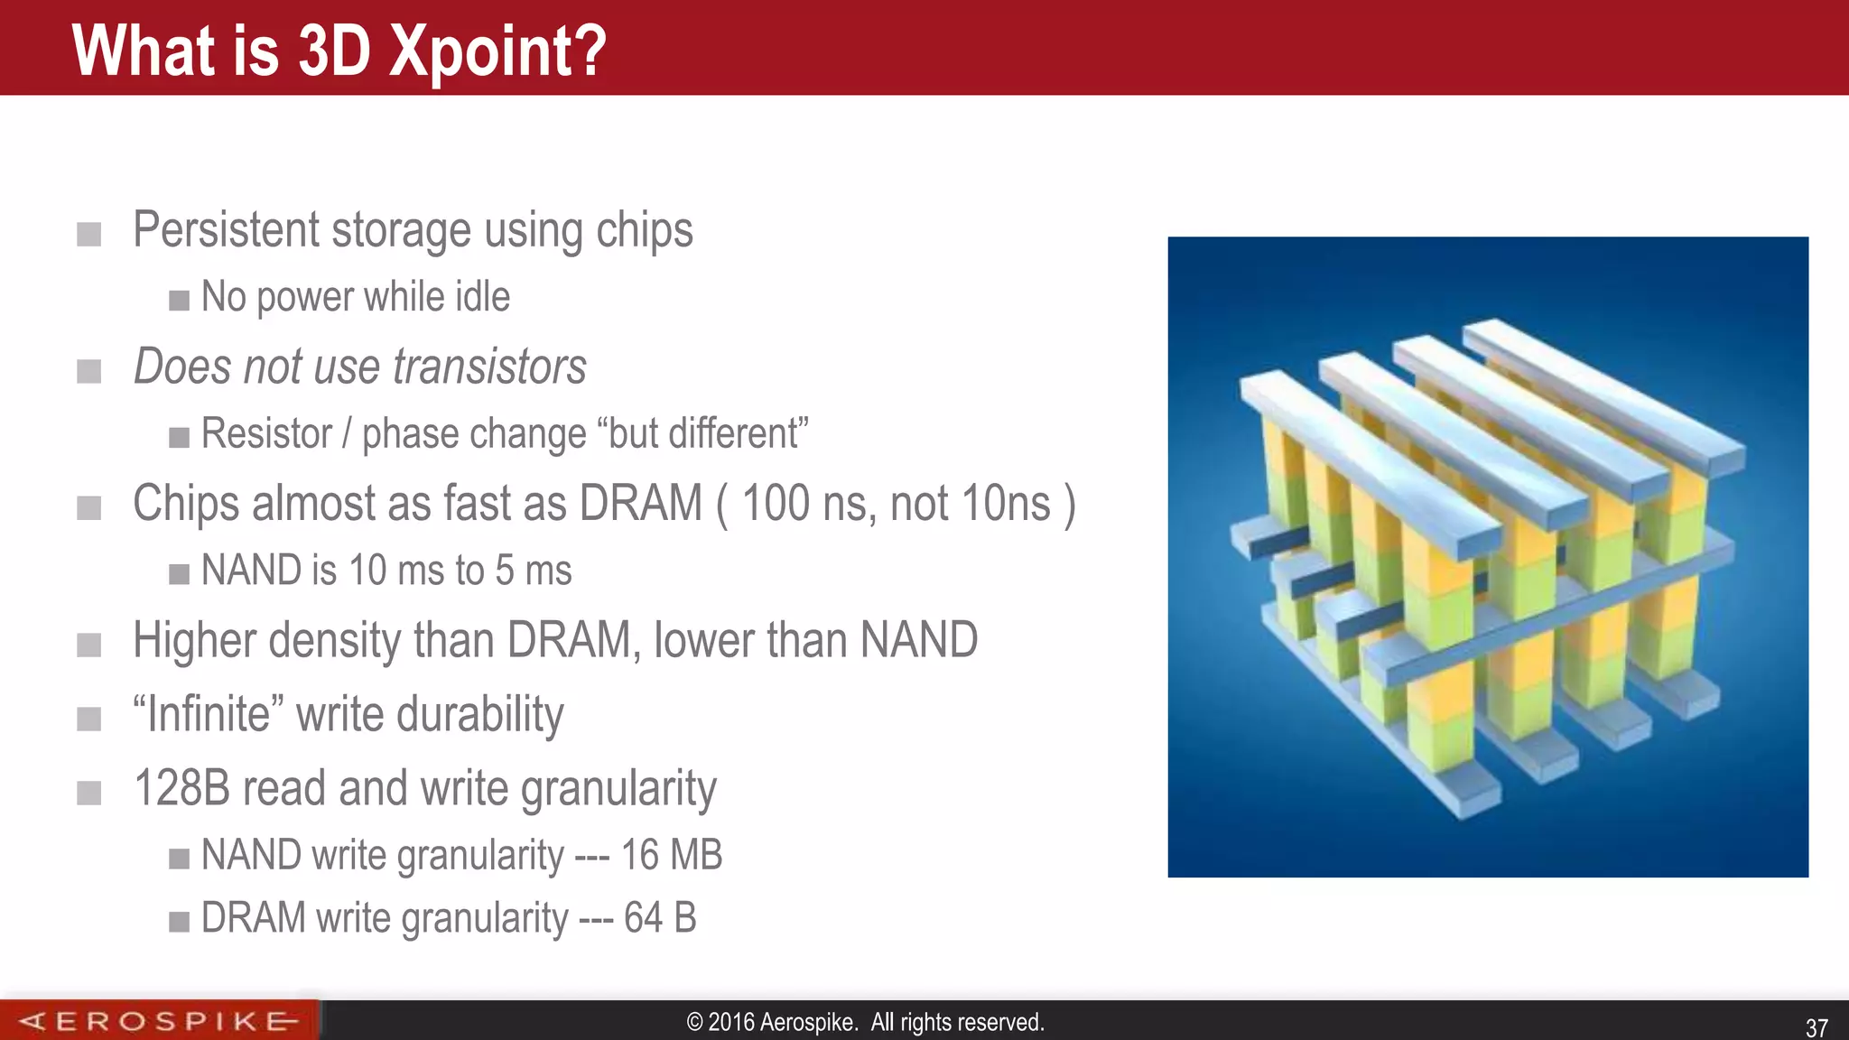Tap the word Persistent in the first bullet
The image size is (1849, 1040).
click(226, 229)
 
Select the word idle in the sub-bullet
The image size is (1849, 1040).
click(482, 297)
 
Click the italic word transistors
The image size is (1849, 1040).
click(489, 367)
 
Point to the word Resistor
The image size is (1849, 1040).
click(266, 433)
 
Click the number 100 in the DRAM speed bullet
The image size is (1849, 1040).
click(776, 504)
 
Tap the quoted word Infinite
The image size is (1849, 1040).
click(209, 714)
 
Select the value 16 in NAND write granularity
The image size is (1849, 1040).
click(640, 855)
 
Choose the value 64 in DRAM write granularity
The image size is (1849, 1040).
click(643, 918)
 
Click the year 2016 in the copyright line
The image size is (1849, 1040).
click(731, 1022)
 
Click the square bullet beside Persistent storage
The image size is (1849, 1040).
click(88, 235)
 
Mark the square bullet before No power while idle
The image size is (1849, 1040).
click(179, 300)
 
